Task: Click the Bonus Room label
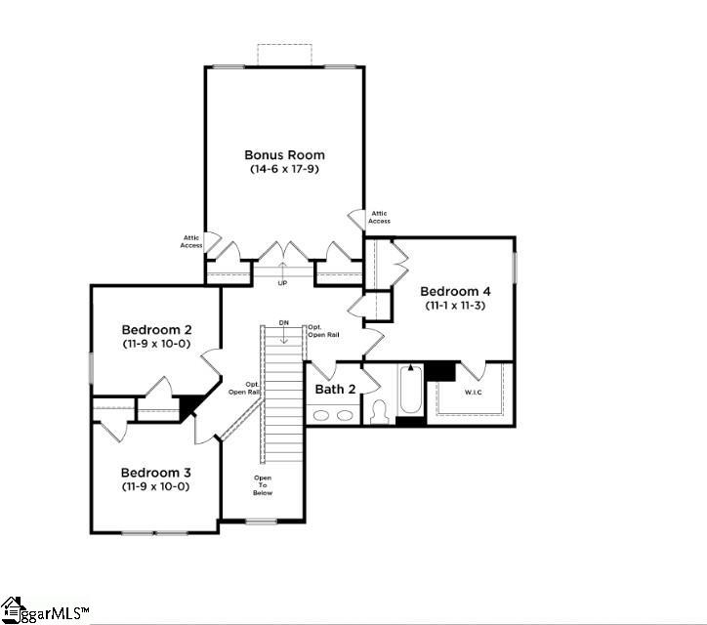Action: pyautogui.click(x=284, y=154)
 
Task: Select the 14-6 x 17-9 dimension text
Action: pyautogui.click(x=284, y=169)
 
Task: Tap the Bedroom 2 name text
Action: pyautogui.click(x=156, y=329)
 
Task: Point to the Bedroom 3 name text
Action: pyautogui.click(x=156, y=472)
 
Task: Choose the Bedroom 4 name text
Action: pyautogui.click(x=455, y=291)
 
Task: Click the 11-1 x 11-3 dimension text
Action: pyautogui.click(x=455, y=306)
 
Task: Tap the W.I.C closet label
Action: pyautogui.click(x=474, y=393)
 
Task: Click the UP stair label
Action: pyautogui.click(x=283, y=283)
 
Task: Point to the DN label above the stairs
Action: pyautogui.click(x=283, y=322)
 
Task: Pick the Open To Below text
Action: pyautogui.click(x=263, y=485)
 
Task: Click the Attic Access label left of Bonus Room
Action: pyautogui.click(x=191, y=241)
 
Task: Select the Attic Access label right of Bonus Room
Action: pyautogui.click(x=379, y=217)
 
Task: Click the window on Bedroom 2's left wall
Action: pyautogui.click(x=91, y=368)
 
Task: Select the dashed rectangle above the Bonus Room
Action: pyautogui.click(x=284, y=54)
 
